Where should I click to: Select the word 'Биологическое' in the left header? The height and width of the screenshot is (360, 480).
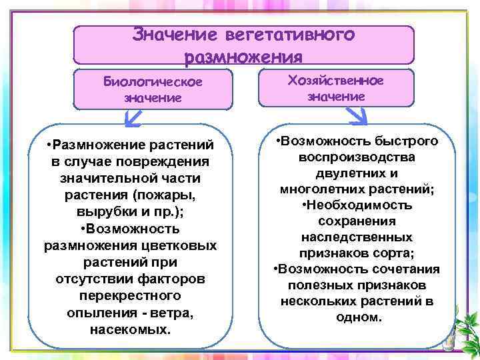coord(153,81)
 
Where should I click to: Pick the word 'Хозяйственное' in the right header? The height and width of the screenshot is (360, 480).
coord(335,81)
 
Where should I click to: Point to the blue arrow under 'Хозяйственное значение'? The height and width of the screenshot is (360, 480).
coord(358,118)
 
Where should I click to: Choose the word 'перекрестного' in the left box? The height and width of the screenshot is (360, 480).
coord(130,295)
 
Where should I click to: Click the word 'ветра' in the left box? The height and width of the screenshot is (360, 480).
coord(184,313)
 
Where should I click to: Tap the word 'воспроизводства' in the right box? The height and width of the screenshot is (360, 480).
coord(357,158)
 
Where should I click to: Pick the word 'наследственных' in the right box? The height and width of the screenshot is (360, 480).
coord(357,237)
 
